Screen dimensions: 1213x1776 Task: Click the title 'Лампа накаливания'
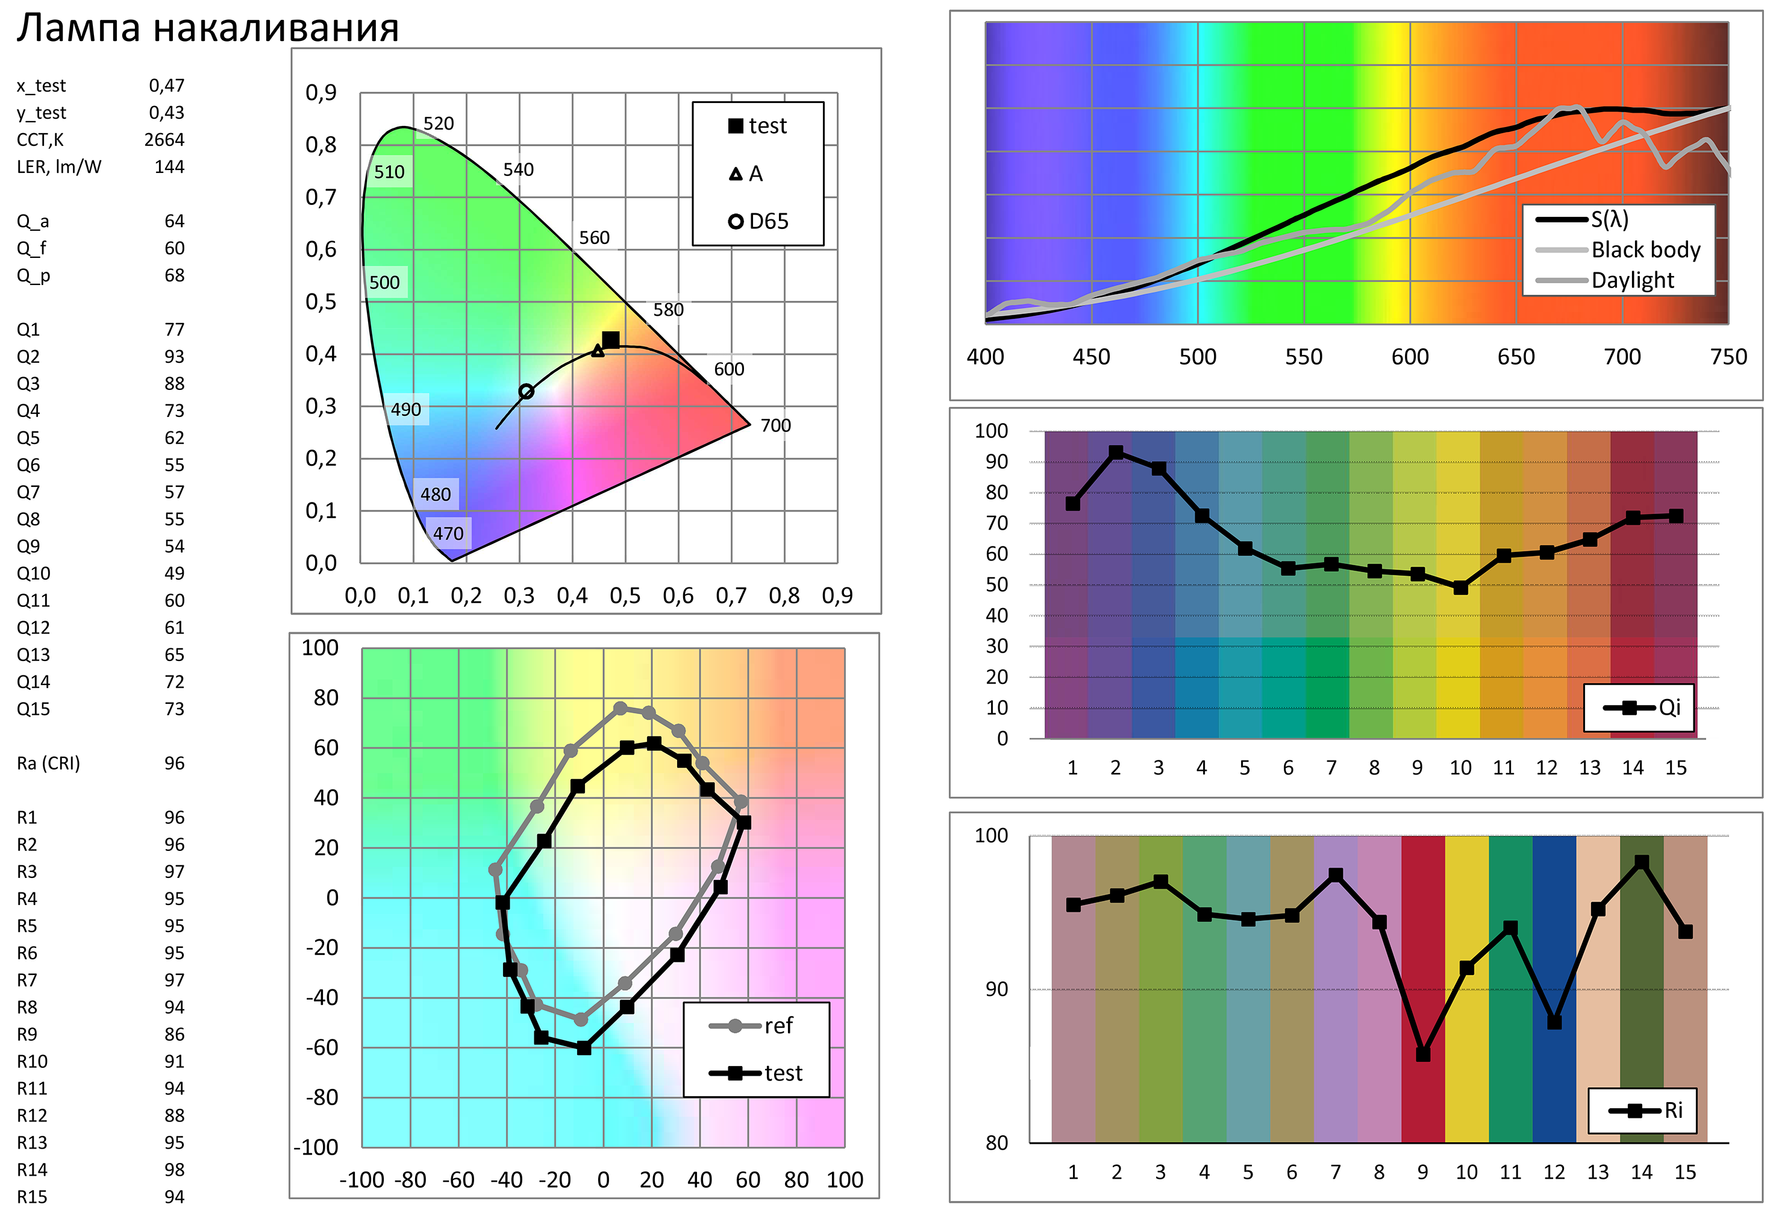[208, 28]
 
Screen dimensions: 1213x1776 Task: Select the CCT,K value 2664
[164, 140]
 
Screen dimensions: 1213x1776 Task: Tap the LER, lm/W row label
[59, 167]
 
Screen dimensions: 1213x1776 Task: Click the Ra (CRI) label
[48, 763]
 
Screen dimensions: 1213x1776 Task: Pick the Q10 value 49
[174, 573]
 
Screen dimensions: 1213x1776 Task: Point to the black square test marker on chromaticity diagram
[611, 340]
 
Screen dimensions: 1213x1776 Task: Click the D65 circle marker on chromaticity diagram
[526, 391]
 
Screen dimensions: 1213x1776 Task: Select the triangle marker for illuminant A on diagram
[598, 351]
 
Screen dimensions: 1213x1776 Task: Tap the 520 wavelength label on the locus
[439, 124]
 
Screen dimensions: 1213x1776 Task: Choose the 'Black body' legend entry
[1645, 250]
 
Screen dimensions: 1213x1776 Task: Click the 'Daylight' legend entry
[1633, 281]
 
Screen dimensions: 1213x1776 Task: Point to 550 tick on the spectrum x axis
[1303, 357]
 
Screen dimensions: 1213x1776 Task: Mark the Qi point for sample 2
[1116, 453]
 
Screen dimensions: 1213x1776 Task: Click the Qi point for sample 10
[1460, 588]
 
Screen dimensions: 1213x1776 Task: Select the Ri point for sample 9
[1423, 1054]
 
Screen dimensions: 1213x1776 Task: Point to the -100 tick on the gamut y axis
[316, 1147]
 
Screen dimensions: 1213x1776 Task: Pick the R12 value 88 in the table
[174, 1115]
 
